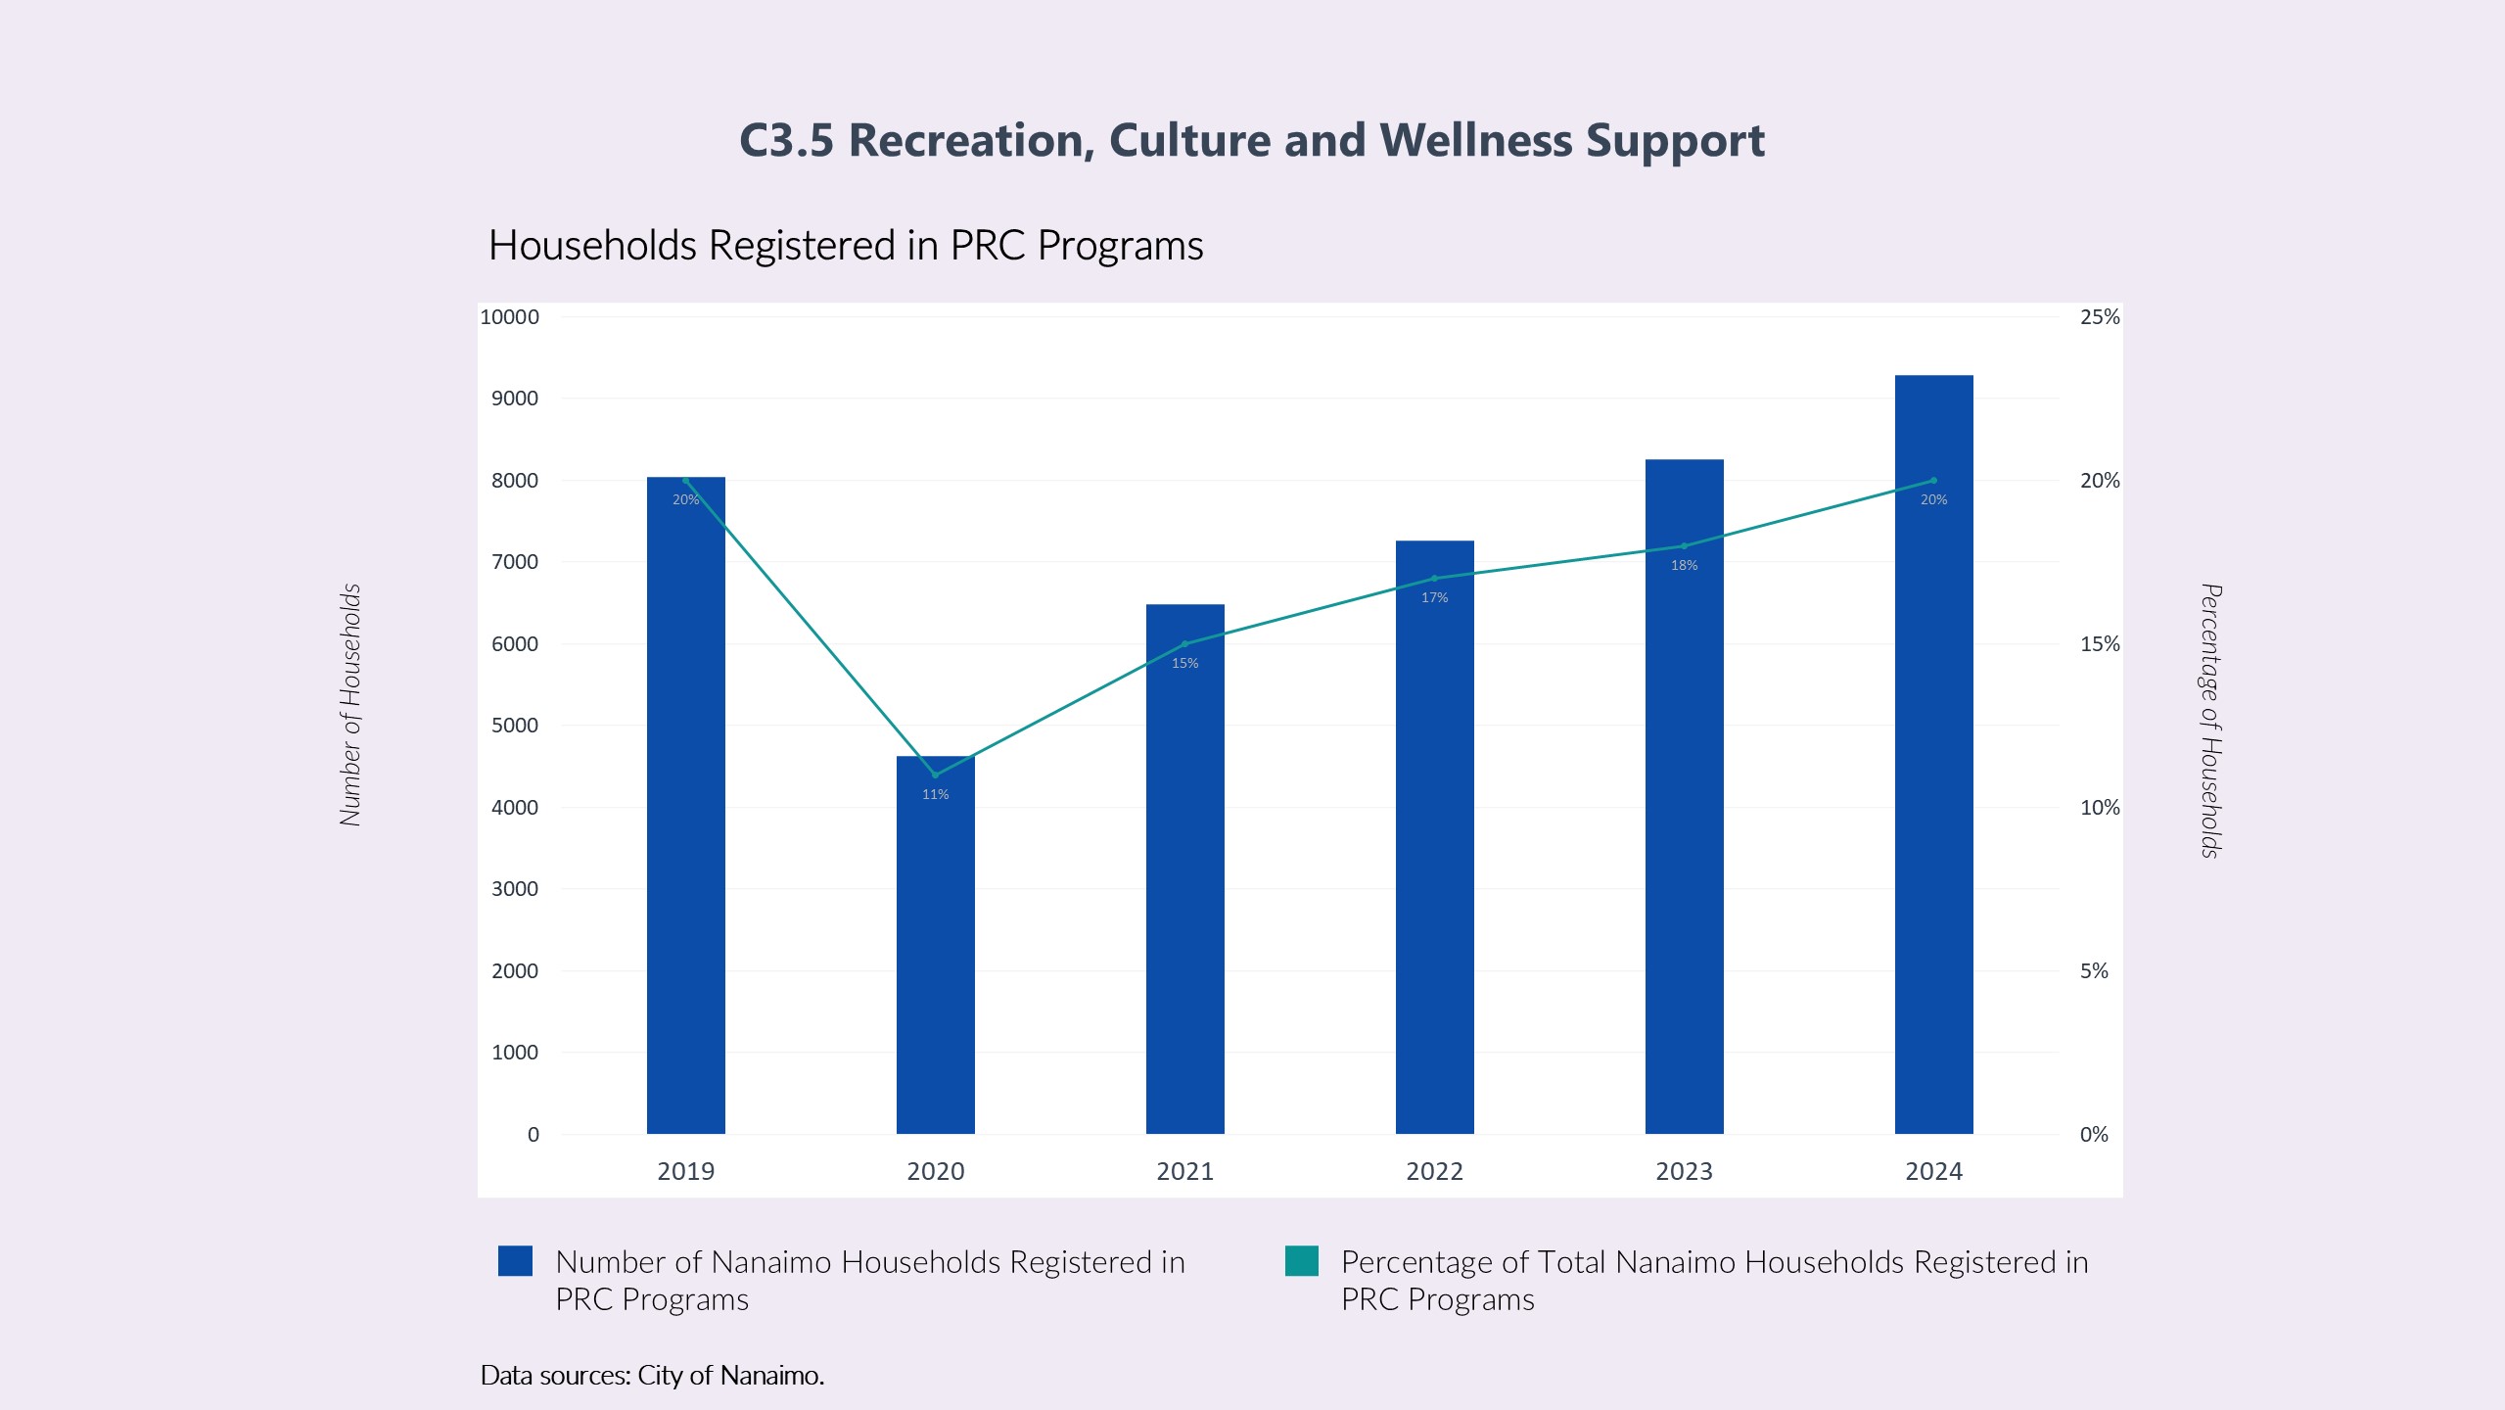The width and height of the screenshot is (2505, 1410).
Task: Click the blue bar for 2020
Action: click(x=935, y=960)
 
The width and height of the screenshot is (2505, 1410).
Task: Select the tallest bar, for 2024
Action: click(x=1933, y=783)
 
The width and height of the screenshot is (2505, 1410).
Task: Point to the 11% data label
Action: click(x=935, y=794)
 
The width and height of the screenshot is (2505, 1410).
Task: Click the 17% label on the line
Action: click(x=1434, y=597)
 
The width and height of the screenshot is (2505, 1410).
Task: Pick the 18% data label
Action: click(x=1684, y=565)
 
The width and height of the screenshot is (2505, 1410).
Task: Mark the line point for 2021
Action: click(x=1184, y=643)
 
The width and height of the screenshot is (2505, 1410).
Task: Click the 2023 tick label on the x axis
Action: click(x=1684, y=1171)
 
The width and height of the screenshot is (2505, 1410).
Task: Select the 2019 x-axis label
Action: click(x=685, y=1171)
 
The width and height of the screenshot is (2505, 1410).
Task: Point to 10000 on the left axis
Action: click(x=509, y=316)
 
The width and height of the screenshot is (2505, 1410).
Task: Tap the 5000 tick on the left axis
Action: click(x=515, y=726)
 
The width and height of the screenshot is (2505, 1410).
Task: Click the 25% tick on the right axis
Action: click(x=2100, y=316)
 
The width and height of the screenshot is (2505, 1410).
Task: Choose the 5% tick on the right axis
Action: click(x=2094, y=970)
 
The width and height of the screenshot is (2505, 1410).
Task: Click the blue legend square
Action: click(x=515, y=1261)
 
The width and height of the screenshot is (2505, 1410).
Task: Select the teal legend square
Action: click(x=1301, y=1261)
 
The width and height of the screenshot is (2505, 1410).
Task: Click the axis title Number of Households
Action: click(x=350, y=705)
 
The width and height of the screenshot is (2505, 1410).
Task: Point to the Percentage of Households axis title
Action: click(x=2210, y=721)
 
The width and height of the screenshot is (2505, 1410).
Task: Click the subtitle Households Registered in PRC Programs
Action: click(x=846, y=245)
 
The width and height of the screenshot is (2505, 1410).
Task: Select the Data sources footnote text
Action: click(x=652, y=1375)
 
